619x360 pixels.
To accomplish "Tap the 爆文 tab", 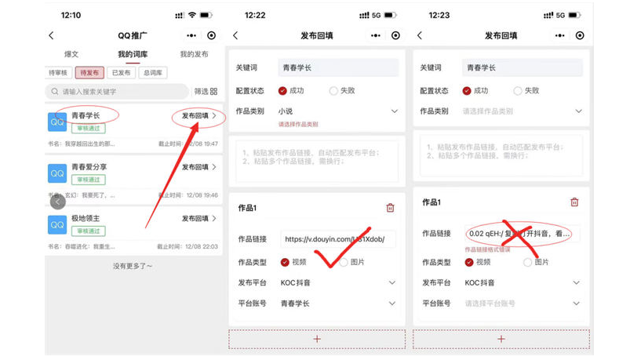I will click(x=71, y=54).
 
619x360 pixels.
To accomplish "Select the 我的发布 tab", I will click(x=194, y=54).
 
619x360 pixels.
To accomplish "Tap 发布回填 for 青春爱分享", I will click(x=195, y=167).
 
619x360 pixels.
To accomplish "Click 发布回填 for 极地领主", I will click(x=195, y=218).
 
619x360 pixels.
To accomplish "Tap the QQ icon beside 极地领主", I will click(x=57, y=224).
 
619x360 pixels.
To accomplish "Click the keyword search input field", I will click(x=118, y=92).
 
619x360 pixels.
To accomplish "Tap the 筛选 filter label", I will click(x=202, y=92).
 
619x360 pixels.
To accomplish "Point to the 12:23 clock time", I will click(x=439, y=15).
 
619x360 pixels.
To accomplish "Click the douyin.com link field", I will click(x=339, y=239).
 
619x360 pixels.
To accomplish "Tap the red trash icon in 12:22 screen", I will click(x=391, y=208).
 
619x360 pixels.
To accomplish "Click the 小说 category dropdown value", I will click(x=286, y=111).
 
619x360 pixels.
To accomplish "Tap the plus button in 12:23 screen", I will click(x=501, y=339).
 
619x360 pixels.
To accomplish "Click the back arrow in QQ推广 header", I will click(x=52, y=35).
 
